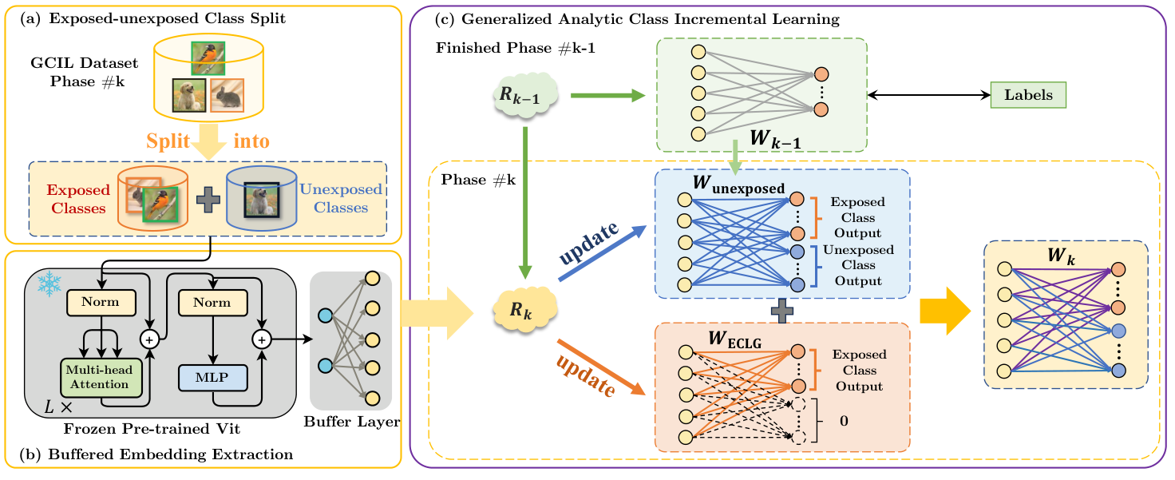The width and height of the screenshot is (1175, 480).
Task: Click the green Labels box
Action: click(1028, 95)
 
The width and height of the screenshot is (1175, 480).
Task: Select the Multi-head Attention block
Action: click(97, 377)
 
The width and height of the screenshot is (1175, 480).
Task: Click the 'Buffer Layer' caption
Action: click(351, 422)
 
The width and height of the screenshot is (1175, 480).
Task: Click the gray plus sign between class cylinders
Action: click(208, 202)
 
